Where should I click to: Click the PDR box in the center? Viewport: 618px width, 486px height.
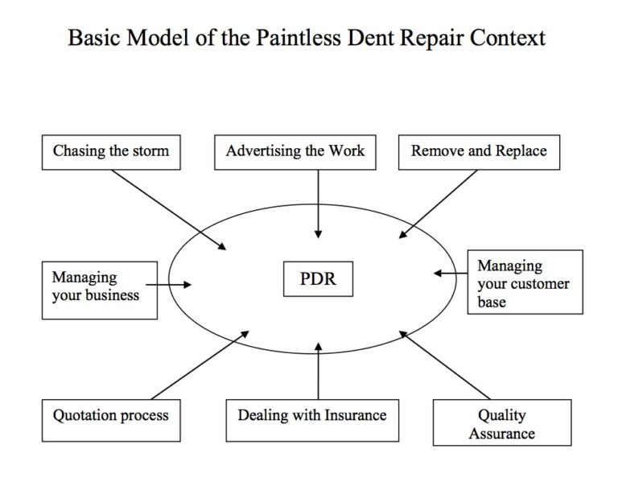(318, 279)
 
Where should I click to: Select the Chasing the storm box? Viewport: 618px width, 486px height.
(111, 151)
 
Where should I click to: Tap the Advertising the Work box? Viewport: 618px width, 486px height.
(295, 151)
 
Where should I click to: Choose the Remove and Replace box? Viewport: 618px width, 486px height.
(479, 151)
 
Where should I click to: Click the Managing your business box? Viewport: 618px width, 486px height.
(99, 286)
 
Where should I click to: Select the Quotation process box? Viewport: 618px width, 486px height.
(111, 416)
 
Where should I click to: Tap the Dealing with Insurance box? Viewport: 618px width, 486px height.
(312, 416)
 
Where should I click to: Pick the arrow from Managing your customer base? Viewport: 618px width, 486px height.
(451, 274)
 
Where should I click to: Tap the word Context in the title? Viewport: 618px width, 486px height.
(505, 38)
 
